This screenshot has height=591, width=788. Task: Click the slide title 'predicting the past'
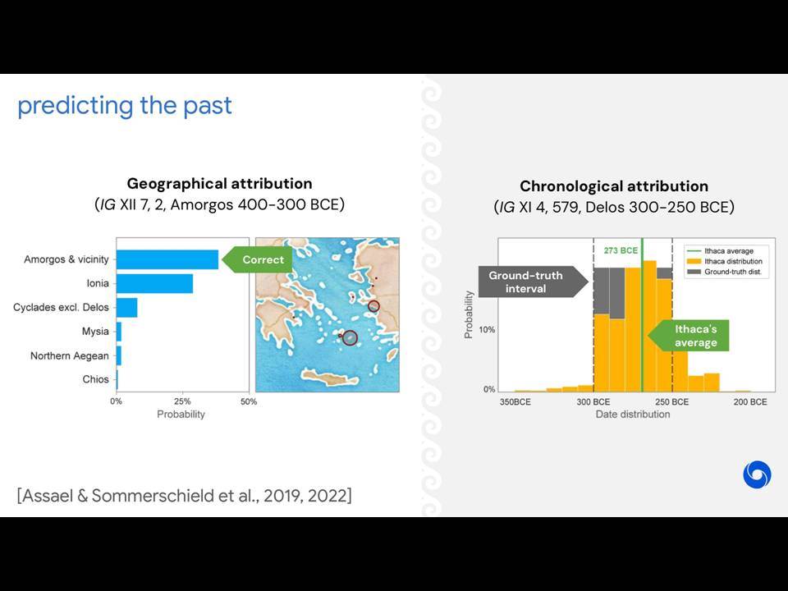[x=125, y=106]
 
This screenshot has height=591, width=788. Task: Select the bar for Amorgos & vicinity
[x=167, y=259]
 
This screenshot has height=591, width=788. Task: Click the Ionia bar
[x=155, y=283]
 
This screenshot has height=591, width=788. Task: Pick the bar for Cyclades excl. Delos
[x=126, y=308]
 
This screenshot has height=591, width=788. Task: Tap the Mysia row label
[x=95, y=331]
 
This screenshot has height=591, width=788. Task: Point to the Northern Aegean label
[x=69, y=355]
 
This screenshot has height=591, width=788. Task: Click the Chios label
[x=95, y=379]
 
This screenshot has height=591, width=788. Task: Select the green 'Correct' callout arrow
[x=257, y=260]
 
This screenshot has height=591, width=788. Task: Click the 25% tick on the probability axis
[x=182, y=401]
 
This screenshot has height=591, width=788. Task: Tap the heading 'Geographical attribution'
[x=220, y=183]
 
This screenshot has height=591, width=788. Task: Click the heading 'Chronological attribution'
[x=614, y=186]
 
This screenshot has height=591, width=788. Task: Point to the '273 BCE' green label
[x=621, y=250]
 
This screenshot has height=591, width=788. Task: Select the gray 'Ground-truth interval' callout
[x=534, y=282]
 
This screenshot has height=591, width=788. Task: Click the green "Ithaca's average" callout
[x=688, y=336]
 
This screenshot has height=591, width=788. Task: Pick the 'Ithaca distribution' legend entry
[x=725, y=261]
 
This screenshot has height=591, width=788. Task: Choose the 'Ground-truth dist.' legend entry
[x=725, y=272]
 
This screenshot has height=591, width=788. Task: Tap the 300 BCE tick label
[x=593, y=402]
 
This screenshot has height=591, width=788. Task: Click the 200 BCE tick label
[x=750, y=402]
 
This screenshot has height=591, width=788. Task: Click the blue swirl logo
[x=757, y=474]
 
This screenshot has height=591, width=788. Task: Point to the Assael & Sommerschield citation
[x=185, y=496]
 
